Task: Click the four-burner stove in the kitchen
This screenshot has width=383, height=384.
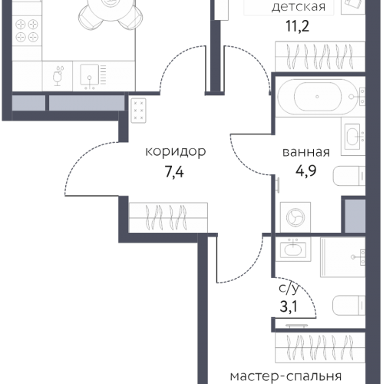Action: point(28,31)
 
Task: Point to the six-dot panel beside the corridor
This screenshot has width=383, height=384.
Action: point(139,111)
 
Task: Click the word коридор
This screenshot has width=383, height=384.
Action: point(175,152)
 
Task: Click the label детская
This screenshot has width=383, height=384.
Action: point(299,8)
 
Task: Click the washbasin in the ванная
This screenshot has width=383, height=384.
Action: point(352,137)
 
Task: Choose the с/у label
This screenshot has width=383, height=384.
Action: point(291,290)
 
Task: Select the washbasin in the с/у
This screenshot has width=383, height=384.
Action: point(292,248)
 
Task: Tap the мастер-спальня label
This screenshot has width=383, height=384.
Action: point(286,376)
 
